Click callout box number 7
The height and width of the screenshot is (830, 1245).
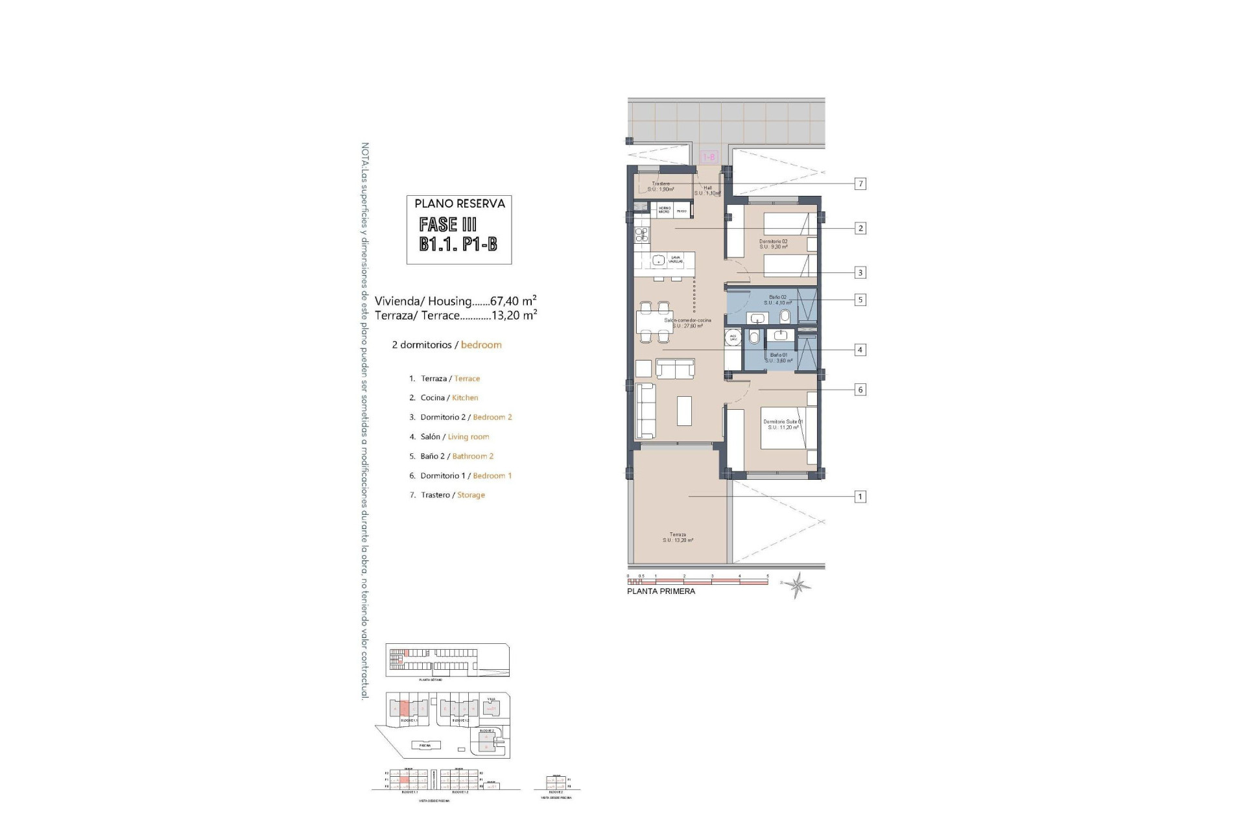tap(860, 184)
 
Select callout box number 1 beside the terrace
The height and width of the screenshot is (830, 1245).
tap(860, 497)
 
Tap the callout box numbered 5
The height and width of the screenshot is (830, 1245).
tap(860, 300)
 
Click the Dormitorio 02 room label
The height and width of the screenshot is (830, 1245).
tap(773, 244)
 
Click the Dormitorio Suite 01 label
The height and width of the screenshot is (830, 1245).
tap(783, 424)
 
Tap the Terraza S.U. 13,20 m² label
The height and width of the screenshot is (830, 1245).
tap(678, 538)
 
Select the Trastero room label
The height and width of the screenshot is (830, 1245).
tap(661, 187)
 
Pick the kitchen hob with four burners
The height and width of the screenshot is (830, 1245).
tap(188, 235)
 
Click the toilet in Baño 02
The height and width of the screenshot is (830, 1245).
tap(785, 316)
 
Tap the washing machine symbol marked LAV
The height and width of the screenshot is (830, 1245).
tap(733, 338)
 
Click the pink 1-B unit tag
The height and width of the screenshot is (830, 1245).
tap(709, 157)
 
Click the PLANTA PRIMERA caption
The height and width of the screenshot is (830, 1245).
tap(661, 591)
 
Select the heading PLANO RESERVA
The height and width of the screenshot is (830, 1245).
tap(460, 204)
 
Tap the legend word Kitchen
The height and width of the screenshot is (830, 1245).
tap(465, 398)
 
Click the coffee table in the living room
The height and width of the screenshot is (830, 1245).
tap(684, 410)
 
